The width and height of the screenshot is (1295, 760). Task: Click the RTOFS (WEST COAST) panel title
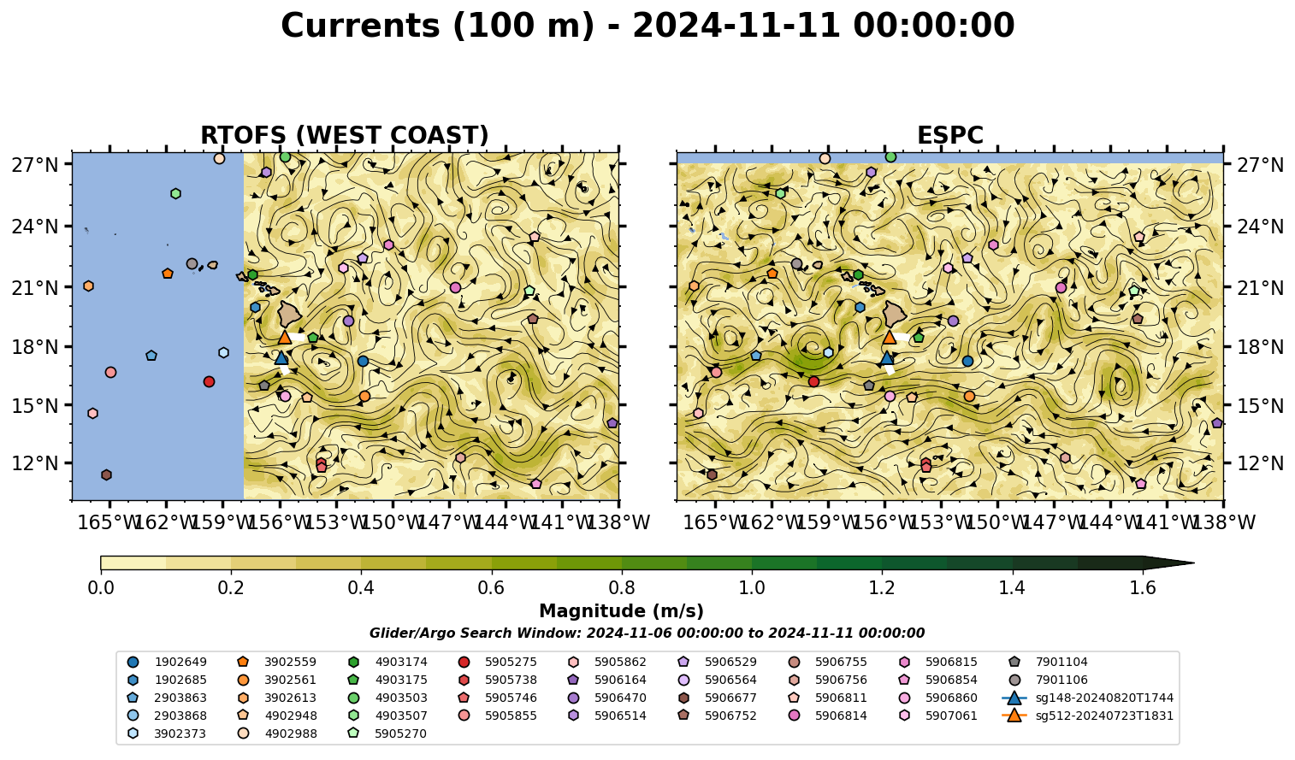[345, 135]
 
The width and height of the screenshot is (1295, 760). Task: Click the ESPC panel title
[949, 135]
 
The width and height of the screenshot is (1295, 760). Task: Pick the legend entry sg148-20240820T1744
[1087, 698]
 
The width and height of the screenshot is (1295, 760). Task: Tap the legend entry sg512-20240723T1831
[1087, 716]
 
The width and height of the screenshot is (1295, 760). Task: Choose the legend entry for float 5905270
[387, 734]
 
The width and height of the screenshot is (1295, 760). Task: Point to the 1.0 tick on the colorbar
[752, 572]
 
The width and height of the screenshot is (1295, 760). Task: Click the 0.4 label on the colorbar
[361, 588]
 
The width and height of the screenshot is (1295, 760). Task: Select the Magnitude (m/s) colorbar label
[622, 611]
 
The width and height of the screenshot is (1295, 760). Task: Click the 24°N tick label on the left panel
[35, 227]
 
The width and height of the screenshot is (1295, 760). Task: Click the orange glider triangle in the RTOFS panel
[285, 337]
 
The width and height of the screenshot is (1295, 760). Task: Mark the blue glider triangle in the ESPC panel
[887, 357]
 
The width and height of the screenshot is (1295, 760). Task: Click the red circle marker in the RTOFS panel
[210, 381]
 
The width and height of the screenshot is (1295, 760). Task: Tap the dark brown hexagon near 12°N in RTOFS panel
[106, 475]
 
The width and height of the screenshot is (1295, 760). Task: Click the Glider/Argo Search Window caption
[647, 633]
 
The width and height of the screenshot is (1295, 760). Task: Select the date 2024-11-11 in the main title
[736, 26]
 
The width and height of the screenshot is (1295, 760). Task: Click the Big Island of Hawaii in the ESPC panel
[895, 314]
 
